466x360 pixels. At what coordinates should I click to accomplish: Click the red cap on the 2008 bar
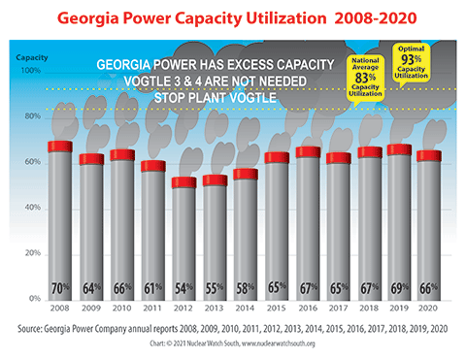click(x=60, y=147)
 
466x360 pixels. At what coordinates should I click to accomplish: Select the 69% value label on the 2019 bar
click(x=399, y=288)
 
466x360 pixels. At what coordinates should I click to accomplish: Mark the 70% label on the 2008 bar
click(x=61, y=288)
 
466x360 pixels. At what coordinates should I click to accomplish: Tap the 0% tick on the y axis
click(x=32, y=298)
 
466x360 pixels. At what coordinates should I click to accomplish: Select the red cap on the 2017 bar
click(x=338, y=158)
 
